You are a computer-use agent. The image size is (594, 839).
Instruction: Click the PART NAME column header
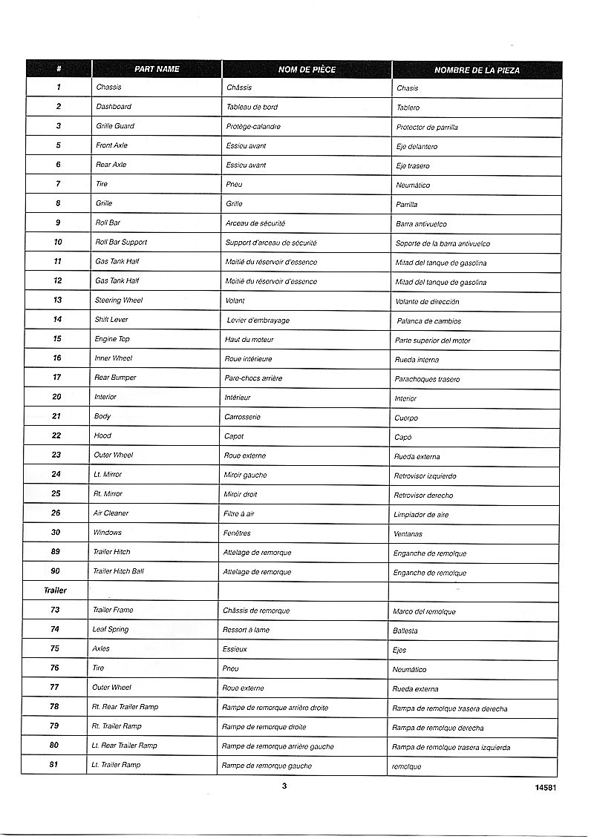point(157,69)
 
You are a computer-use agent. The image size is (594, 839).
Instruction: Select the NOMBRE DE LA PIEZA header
point(477,70)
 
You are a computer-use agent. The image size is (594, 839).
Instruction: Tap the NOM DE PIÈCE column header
point(307,69)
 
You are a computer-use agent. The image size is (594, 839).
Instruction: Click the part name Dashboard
point(114,107)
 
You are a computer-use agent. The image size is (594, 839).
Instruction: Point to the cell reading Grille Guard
point(115,126)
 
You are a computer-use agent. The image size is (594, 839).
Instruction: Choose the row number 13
point(57,300)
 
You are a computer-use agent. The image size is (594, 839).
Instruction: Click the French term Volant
point(235,300)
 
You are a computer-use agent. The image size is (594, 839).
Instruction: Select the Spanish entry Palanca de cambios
point(428,321)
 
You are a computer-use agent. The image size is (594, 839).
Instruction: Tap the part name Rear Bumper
point(115,378)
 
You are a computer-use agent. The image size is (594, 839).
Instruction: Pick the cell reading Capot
point(234,436)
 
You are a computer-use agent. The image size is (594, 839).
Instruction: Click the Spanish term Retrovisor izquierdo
point(425,476)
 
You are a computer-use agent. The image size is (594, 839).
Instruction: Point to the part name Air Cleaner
point(111,513)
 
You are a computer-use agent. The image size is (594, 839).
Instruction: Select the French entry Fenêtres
point(237,533)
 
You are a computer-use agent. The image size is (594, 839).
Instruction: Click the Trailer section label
point(55,590)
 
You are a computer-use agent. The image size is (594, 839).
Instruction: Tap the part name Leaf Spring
point(110,629)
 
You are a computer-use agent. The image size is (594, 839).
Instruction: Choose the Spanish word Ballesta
point(405,631)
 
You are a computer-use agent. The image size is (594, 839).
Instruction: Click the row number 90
point(56,571)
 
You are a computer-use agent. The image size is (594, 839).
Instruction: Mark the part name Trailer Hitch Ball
point(118,571)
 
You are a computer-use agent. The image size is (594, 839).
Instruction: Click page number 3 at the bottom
point(284,786)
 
